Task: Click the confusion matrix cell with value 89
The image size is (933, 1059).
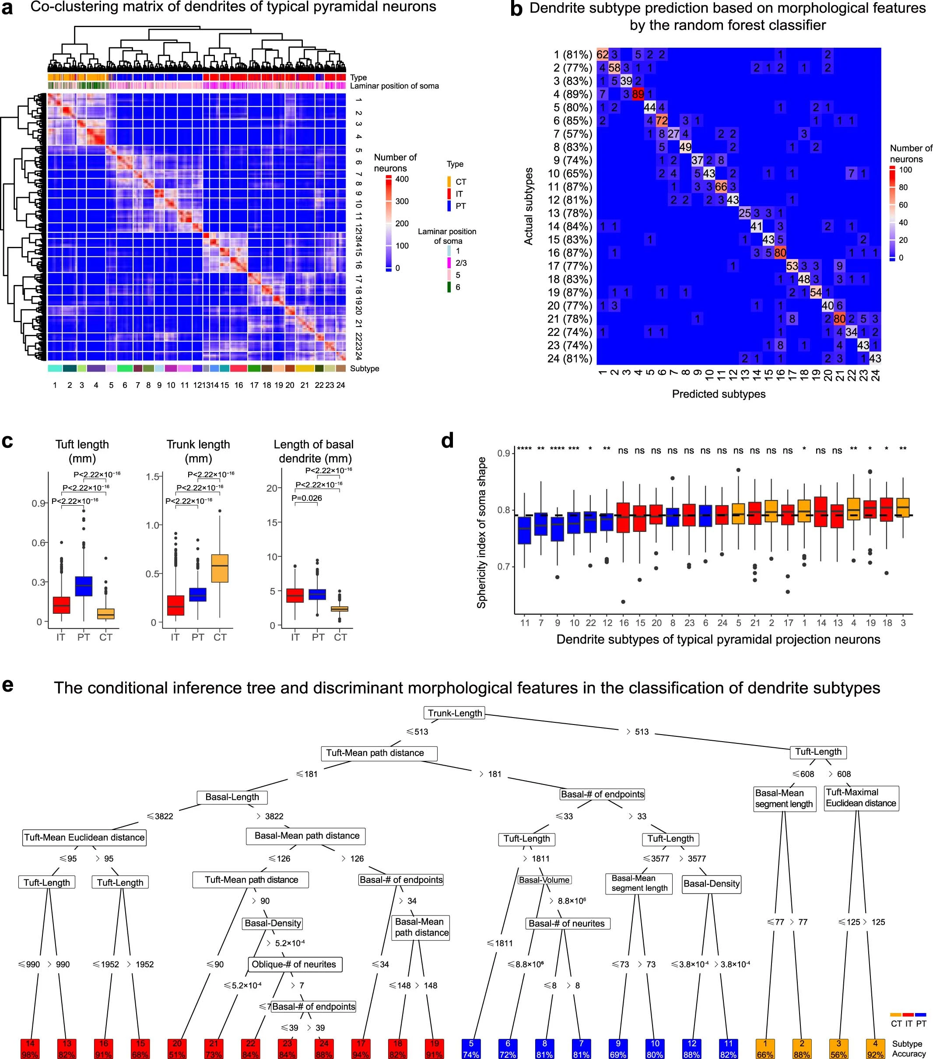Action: point(638,94)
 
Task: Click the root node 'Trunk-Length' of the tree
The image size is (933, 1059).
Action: point(455,713)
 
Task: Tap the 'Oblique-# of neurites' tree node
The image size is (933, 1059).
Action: point(294,964)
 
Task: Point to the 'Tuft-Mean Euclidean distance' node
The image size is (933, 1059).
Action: point(84,837)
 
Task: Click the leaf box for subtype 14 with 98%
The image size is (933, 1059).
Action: point(30,1048)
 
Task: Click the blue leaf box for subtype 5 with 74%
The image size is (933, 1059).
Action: point(471,1048)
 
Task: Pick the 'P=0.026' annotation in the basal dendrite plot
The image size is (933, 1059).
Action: point(307,498)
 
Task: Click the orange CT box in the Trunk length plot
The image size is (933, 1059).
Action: point(220,568)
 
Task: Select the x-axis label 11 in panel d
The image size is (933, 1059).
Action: point(525,623)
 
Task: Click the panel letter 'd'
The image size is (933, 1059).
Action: point(447,441)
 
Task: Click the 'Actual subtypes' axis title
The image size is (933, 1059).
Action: point(528,206)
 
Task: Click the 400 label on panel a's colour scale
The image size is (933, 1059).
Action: point(402,179)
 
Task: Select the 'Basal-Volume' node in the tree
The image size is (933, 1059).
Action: point(544,880)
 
